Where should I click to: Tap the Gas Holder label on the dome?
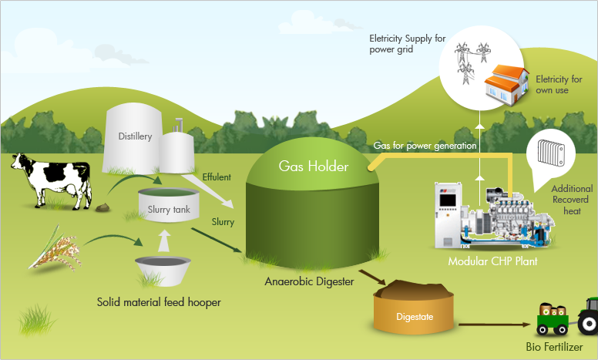click(x=314, y=167)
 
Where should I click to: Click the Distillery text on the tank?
click(x=135, y=136)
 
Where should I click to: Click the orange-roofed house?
click(x=506, y=83)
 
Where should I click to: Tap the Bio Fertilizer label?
click(x=555, y=348)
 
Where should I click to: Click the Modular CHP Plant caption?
click(x=492, y=261)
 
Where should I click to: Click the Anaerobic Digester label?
click(x=307, y=281)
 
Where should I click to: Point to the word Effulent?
click(x=217, y=177)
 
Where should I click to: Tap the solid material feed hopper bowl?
click(x=163, y=270)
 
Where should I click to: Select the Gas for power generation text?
click(x=425, y=145)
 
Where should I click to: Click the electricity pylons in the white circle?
click(x=471, y=60)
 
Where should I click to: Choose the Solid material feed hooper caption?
click(x=160, y=302)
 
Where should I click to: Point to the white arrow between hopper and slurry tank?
click(x=163, y=241)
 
